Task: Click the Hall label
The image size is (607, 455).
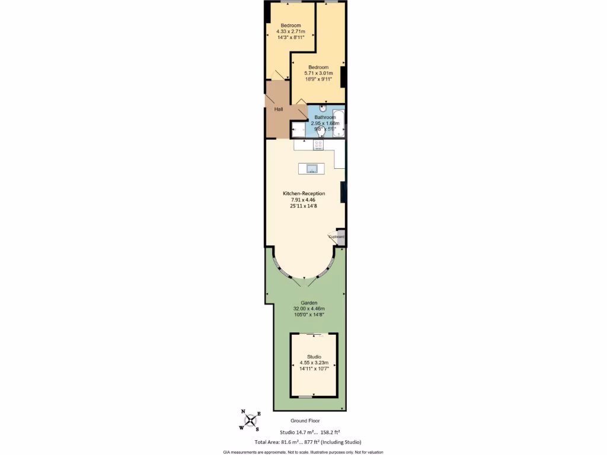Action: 279,110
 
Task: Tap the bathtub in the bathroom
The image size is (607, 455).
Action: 338,123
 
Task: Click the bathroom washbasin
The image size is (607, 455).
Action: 322,108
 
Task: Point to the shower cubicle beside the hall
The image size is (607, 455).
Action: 298,129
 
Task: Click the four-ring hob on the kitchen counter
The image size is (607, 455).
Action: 318,144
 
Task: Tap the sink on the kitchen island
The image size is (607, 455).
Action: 312,169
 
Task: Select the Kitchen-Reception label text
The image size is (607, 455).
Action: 304,194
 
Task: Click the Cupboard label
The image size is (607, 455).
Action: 336,237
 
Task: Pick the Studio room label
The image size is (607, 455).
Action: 314,355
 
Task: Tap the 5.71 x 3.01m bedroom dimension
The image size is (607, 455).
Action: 318,73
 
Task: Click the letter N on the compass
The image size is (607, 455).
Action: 244,412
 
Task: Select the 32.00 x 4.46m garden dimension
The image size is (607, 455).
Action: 309,309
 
